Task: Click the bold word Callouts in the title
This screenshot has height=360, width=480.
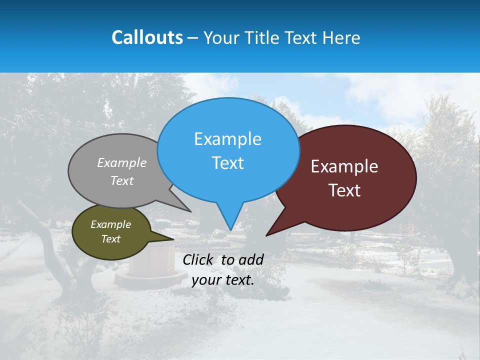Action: pos(147,37)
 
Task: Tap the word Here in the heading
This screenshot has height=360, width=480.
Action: pos(341,37)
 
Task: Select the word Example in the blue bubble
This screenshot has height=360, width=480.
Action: pos(227,139)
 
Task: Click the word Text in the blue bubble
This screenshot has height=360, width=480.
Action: pos(227,163)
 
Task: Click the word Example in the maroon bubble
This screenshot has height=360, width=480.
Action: pos(344,166)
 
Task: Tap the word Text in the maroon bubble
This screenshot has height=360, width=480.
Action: pos(344,190)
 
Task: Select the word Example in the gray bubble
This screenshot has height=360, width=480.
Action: pos(122,162)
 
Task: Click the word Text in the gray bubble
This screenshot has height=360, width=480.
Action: pos(122,180)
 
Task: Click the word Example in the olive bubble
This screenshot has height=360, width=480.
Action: pos(110,224)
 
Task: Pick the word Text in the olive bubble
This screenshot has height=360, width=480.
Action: pos(110,239)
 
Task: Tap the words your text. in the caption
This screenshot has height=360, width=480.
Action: pos(223,280)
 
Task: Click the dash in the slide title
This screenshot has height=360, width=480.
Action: pos(193,37)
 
